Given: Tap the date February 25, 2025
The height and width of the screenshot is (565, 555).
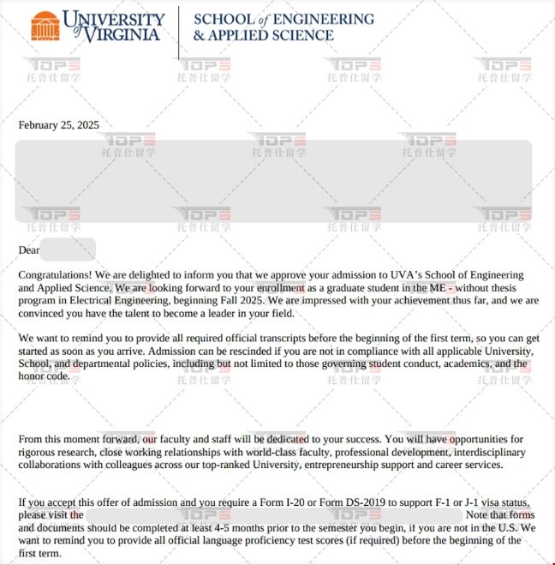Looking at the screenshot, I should tap(58, 125).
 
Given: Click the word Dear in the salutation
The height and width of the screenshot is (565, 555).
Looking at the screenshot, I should tap(30, 250).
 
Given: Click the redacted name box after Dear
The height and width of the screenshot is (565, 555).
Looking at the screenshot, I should tap(68, 249).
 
